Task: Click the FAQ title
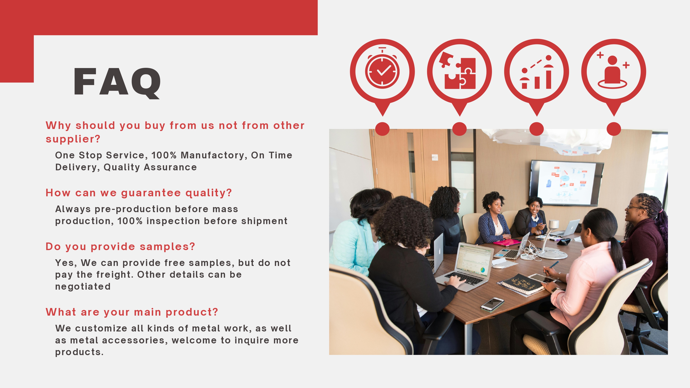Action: [x=117, y=82]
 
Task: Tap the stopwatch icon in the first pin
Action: [x=382, y=68]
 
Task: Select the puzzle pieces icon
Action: [x=457, y=70]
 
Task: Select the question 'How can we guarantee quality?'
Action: [x=138, y=193]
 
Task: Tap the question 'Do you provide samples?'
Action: [x=120, y=247]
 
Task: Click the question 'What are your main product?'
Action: [x=132, y=312]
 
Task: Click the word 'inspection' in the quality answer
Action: [x=173, y=221]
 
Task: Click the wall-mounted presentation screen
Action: [x=567, y=183]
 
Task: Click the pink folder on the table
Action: [x=507, y=242]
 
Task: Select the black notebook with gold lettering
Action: [x=523, y=284]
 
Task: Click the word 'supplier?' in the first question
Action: [x=73, y=139]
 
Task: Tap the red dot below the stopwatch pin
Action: [x=382, y=129]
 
